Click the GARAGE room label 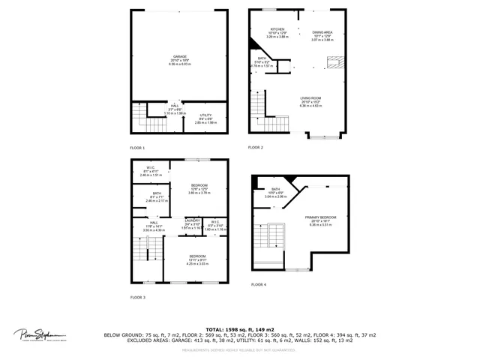coord(180,56)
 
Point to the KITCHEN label coord(278,29)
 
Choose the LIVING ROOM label coord(310,98)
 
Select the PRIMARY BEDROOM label coord(320,218)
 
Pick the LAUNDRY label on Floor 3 coord(192,221)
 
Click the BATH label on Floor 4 coord(275,189)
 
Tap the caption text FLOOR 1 coord(138,148)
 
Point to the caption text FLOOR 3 coord(138,298)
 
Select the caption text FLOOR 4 coord(259,284)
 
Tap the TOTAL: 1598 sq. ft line coord(239,329)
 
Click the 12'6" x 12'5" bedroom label coord(199,185)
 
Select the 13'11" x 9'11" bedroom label coord(197,256)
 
